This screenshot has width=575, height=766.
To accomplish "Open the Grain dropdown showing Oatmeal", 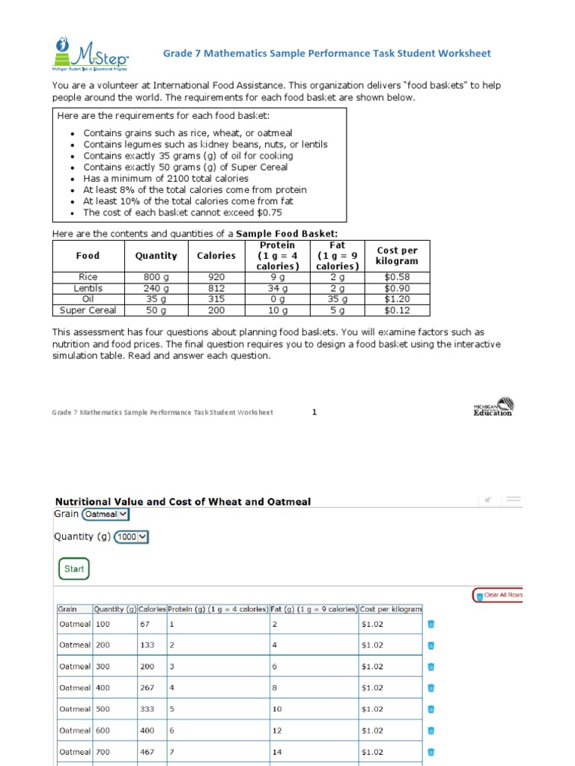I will [106, 514].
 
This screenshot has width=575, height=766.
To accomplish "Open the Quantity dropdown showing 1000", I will [131, 536].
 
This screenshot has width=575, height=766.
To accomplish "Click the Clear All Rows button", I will [498, 595].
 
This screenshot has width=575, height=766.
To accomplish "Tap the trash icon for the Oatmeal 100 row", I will [431, 624].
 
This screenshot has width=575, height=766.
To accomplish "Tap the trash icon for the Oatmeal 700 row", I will [431, 752].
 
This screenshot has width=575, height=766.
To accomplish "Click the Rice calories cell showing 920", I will [216, 277].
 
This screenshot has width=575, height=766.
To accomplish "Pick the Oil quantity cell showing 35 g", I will [156, 299].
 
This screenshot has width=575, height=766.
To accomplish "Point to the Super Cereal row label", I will [88, 310].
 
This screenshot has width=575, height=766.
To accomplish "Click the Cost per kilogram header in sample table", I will [397, 256].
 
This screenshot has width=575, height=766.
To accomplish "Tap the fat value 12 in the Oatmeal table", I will [277, 730].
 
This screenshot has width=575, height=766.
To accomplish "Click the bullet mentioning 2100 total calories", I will [165, 179].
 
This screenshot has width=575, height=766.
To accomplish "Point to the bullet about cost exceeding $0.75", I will [183, 212].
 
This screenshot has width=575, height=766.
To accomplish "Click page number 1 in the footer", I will [314, 411].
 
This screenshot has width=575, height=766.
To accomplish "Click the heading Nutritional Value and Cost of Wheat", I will [183, 502].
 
